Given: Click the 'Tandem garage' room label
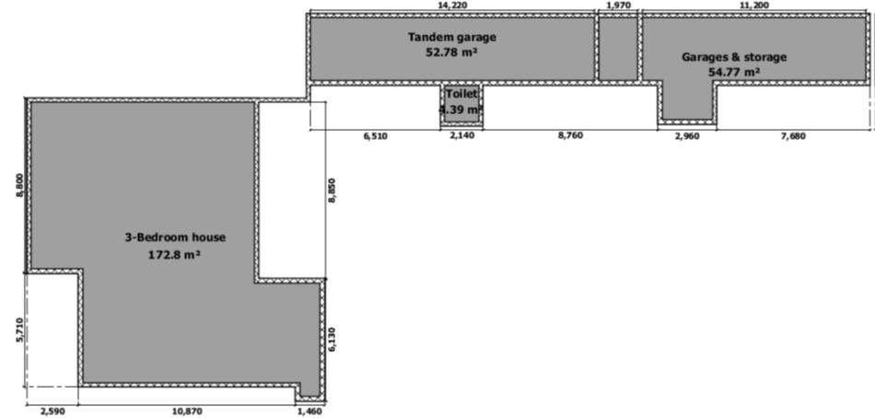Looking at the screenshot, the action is pos(451,38).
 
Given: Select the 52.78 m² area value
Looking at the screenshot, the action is pos(452,52).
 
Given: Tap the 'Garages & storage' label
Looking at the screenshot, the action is pos(734,57).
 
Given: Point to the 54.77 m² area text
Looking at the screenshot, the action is pos(734,72).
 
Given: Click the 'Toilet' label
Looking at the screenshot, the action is pos(461,94).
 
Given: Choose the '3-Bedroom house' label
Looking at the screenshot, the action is pos(175,238).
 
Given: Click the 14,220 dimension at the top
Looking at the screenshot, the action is pos(452,5).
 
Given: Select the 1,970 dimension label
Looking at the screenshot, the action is pos(618,5).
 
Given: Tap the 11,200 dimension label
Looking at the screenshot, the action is pos(754,5).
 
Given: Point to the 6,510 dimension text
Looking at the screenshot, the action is pos(375,135).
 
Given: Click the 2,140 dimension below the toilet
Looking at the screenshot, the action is pos(462,135).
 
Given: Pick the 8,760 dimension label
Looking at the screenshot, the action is pos(570,135).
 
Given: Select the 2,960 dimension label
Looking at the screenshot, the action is pos(687,135).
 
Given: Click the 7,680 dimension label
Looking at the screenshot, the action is pos(794,135).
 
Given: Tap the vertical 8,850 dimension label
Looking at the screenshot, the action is pos(332,190).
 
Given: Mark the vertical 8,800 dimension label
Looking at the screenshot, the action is pos(20,185).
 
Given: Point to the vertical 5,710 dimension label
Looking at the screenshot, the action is pos(20,330).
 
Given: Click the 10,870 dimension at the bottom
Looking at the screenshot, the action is pos(187,412).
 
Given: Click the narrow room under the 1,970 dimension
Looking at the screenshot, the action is pos(618,49).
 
